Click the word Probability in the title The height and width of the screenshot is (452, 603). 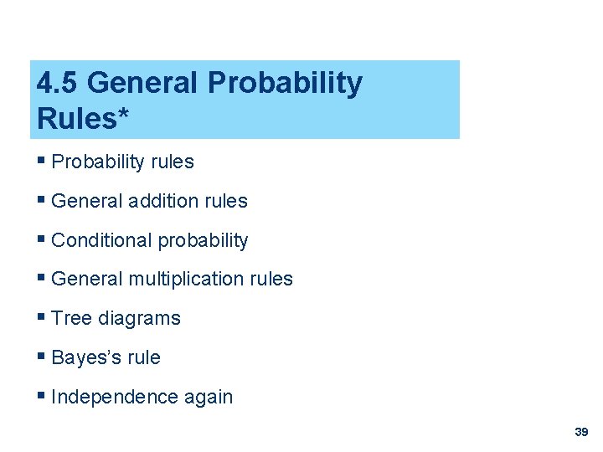point(284,83)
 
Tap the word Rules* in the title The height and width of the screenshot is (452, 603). point(83,119)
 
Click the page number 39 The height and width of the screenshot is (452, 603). point(581,432)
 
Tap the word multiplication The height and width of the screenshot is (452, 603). point(185,279)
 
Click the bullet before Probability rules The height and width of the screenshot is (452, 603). point(42,161)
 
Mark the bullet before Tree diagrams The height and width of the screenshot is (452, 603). point(42,317)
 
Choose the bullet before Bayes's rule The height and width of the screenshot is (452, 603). point(42,357)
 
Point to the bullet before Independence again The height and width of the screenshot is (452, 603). point(42,396)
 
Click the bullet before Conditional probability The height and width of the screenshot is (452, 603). point(42,239)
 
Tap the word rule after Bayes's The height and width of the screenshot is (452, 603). point(143,357)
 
